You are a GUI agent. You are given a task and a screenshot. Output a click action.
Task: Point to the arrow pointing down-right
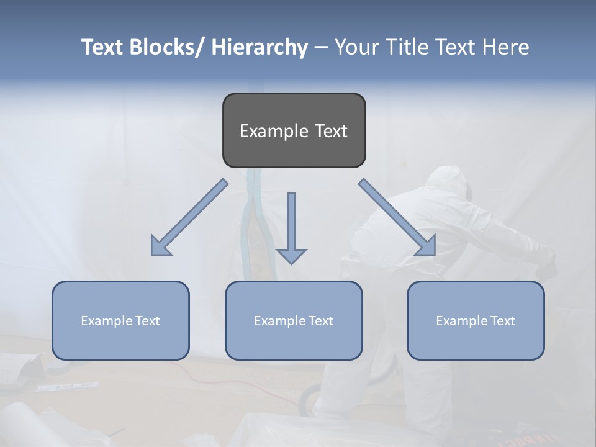click(397, 218)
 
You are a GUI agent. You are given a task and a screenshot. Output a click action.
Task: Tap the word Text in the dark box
click(330, 132)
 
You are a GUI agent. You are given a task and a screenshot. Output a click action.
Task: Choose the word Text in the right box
click(502, 321)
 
